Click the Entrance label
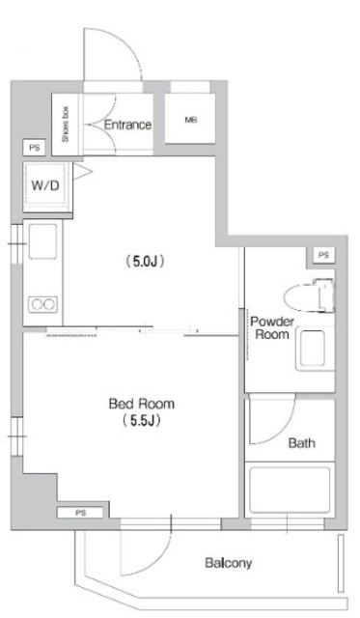click(127, 125)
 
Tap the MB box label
click(190, 122)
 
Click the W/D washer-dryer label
click(44, 185)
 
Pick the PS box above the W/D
click(35, 147)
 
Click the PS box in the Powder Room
click(322, 255)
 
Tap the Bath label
click(302, 444)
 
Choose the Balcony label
click(228, 562)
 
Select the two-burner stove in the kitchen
click(43, 304)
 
